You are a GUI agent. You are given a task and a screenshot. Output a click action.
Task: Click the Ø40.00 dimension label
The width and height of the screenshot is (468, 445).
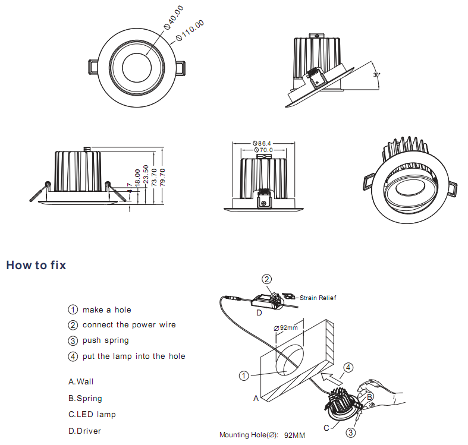pos(174,18)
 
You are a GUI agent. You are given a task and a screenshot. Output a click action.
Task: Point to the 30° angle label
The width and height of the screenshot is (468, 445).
pos(376,75)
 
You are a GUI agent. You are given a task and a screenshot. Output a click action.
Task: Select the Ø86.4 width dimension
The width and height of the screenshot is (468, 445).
pos(262,143)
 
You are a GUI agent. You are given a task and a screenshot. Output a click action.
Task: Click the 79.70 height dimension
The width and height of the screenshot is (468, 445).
pos(162,177)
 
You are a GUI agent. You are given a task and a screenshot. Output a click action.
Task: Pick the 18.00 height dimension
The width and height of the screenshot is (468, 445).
pos(137,178)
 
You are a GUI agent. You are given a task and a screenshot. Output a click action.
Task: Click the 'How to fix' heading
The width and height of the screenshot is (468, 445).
pos(36,265)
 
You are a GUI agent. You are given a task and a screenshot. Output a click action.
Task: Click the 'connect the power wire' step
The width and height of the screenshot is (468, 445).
pos(129,325)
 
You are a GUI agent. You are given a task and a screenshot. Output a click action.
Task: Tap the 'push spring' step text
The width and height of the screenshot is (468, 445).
pos(106,340)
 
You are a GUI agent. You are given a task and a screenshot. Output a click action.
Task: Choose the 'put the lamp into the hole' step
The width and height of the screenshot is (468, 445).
pos(134,356)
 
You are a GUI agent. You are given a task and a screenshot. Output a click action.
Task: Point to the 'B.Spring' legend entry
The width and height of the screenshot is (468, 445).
pos(85,399)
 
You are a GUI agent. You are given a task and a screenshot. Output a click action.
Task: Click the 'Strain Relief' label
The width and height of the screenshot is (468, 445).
pos(318,298)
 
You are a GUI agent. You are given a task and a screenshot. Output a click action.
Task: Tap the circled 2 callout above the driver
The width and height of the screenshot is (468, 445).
pos(268,279)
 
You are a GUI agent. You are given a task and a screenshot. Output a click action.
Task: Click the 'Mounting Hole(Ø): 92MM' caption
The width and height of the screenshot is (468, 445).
pos(262,435)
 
